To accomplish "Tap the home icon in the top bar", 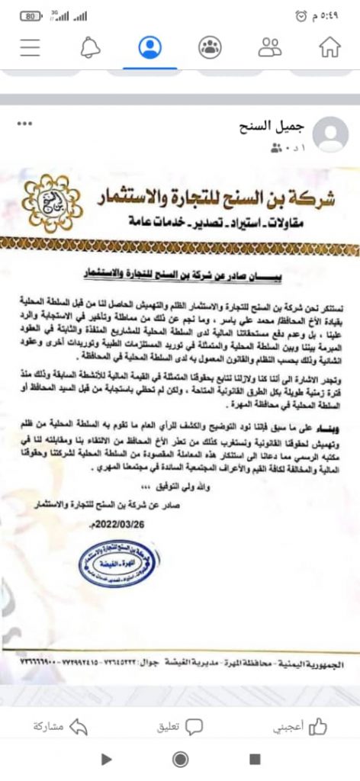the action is tap(329, 47).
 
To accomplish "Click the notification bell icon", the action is tap(91, 47).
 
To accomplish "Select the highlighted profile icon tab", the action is tap(150, 47).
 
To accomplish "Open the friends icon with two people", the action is tap(269, 47).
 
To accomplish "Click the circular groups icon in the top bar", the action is tap(209, 47).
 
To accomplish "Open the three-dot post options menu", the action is tap(26, 123).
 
